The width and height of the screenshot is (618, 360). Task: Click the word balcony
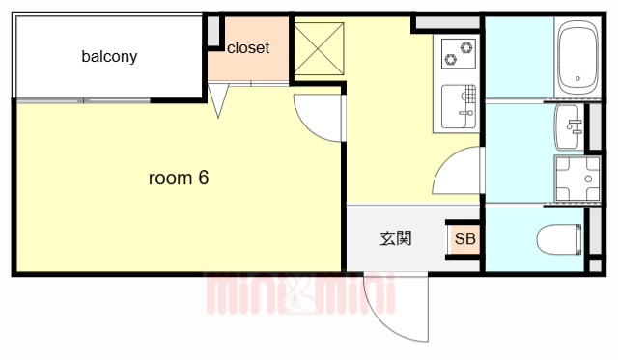pyautogui.click(x=109, y=57)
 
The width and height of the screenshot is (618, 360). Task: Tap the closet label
pyautogui.click(x=248, y=48)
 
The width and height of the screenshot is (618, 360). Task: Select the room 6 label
pyautogui.click(x=179, y=178)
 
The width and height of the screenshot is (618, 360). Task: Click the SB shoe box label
pyautogui.click(x=465, y=238)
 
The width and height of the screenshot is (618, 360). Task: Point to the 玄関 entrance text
pyautogui.click(x=396, y=238)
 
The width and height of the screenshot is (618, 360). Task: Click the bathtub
pyautogui.click(x=577, y=58)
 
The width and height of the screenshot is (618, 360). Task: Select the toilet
pyautogui.click(x=559, y=239)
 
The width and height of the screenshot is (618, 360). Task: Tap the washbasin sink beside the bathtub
pyautogui.click(x=568, y=126)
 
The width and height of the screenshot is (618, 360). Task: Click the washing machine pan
pyautogui.click(x=577, y=180)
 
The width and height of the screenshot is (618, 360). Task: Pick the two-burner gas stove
pyautogui.click(x=459, y=54)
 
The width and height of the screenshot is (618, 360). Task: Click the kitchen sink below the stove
pyautogui.click(x=459, y=106)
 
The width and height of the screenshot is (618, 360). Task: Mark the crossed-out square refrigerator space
pyautogui.click(x=319, y=49)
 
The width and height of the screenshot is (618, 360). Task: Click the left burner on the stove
pyautogui.click(x=450, y=60)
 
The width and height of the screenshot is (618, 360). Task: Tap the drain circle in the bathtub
pyautogui.click(x=577, y=79)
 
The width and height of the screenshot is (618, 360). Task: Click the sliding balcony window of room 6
pyautogui.click(x=83, y=100)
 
